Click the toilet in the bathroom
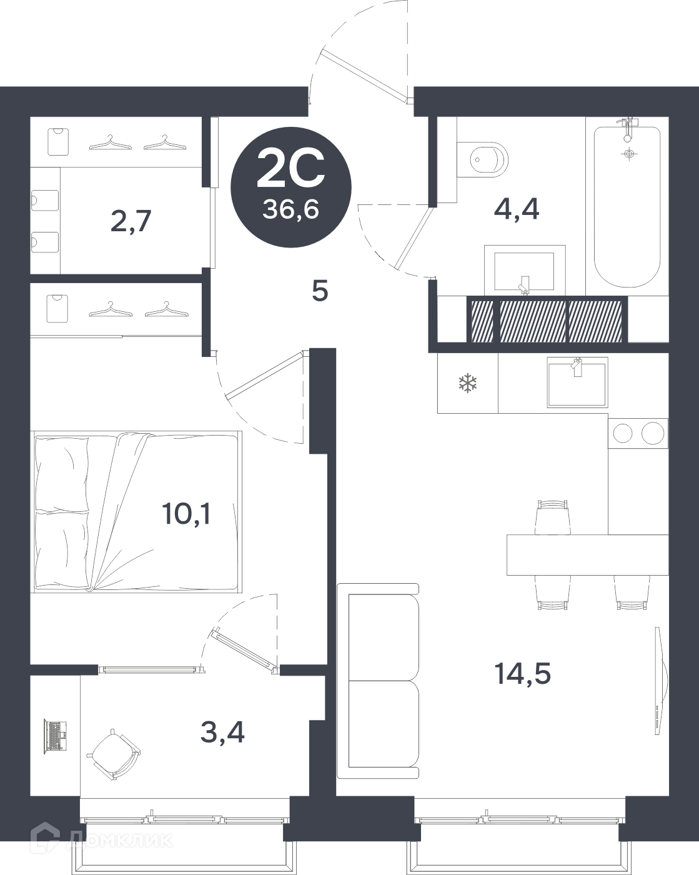pyautogui.click(x=484, y=159)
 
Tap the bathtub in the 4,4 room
pyautogui.click(x=627, y=207)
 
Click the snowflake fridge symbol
pyautogui.click(x=468, y=383)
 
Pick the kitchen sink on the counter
pyautogui.click(x=577, y=382)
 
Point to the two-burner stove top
pyautogui.click(x=638, y=433)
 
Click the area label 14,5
pyautogui.click(x=523, y=673)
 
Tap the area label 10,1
pyautogui.click(x=187, y=514)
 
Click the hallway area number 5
pyautogui.click(x=320, y=291)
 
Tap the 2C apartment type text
pyautogui.click(x=291, y=168)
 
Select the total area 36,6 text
pyautogui.click(x=290, y=209)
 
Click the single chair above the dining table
pyautogui.click(x=553, y=517)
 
